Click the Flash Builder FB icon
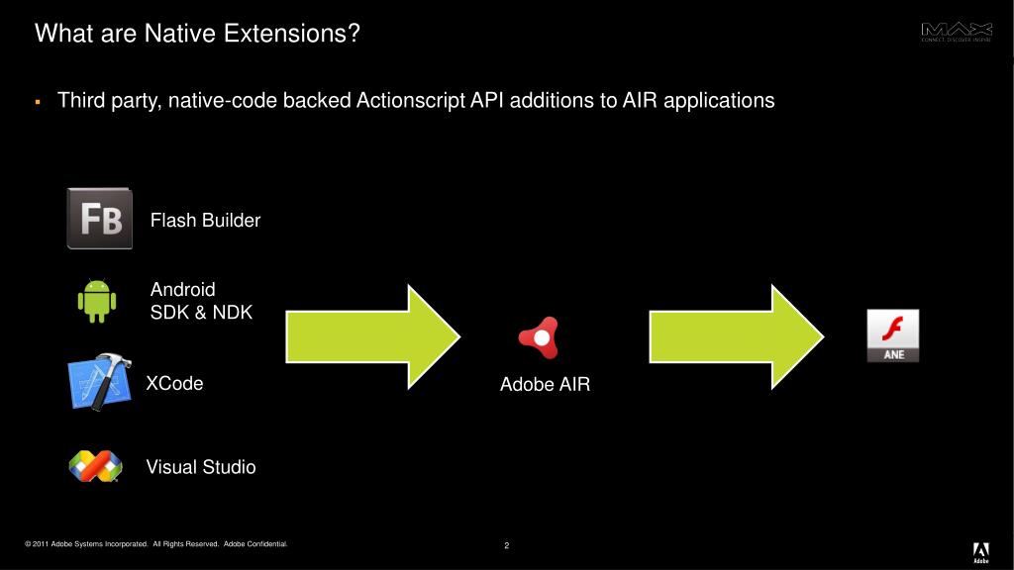(x=99, y=219)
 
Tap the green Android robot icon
(x=97, y=301)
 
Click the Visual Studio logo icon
(x=95, y=465)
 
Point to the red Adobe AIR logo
(x=540, y=338)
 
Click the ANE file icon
(x=892, y=335)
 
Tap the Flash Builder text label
(x=205, y=221)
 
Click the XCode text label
(x=174, y=384)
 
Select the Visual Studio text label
(x=201, y=467)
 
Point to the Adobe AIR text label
(x=545, y=385)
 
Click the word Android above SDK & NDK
(x=182, y=290)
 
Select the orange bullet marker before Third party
(x=37, y=102)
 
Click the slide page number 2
(x=506, y=546)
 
